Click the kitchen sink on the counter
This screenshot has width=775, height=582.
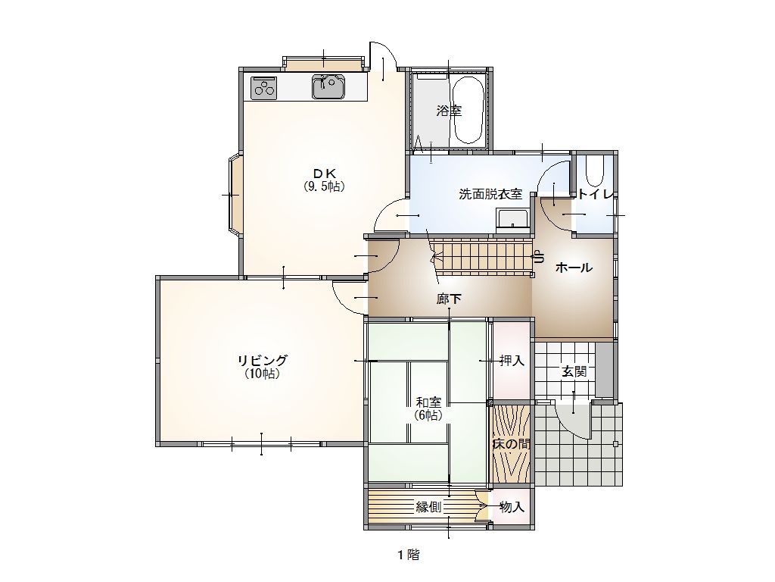click(328, 86)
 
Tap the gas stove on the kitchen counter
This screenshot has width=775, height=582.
click(264, 88)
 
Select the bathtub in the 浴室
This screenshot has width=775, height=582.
click(468, 110)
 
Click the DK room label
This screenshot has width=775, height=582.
click(325, 174)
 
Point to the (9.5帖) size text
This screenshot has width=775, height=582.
click(324, 186)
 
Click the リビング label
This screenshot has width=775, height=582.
click(263, 360)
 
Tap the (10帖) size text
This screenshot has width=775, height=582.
click(263, 374)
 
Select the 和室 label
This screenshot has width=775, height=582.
click(428, 402)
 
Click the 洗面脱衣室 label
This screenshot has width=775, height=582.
click(490, 194)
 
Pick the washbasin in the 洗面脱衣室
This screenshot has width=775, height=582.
click(512, 220)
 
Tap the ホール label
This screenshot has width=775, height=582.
click(574, 268)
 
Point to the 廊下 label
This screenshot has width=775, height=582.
click(450, 299)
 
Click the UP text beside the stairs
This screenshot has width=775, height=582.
click(538, 257)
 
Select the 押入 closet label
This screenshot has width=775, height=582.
click(512, 360)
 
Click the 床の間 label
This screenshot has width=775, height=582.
click(511, 444)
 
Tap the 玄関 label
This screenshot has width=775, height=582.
click(574, 371)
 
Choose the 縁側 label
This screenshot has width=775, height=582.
click(428, 507)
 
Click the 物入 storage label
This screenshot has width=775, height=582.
click(512, 507)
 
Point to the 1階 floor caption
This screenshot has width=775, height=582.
click(409, 555)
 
